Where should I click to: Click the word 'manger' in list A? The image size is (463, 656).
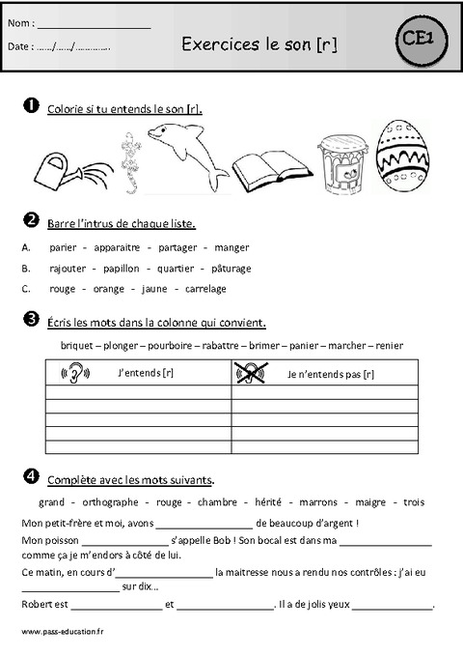231,247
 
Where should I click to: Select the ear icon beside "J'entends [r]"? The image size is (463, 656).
75,372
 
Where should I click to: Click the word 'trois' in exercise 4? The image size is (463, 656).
414,502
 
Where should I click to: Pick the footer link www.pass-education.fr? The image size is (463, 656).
60,630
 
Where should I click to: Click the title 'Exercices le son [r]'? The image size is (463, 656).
259,43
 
